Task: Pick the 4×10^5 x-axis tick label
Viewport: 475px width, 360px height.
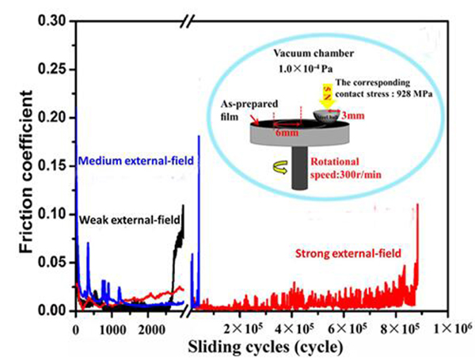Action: [x=294, y=328]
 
